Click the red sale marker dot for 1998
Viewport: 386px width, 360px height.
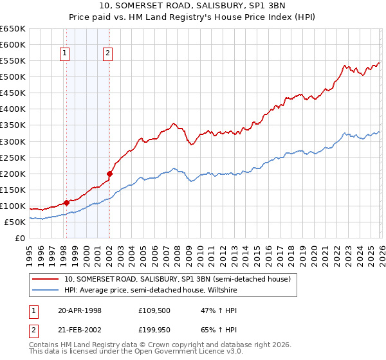(x=66, y=203)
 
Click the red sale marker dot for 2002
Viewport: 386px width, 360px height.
(x=110, y=173)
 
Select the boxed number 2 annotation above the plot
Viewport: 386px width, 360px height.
(x=107, y=54)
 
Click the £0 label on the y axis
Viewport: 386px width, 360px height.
(x=21, y=238)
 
